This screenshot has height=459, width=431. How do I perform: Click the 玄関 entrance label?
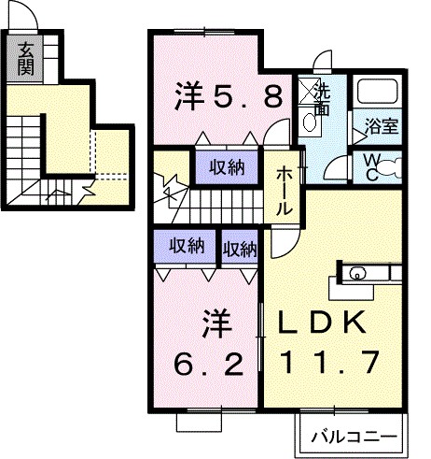pyautogui.click(x=25, y=59)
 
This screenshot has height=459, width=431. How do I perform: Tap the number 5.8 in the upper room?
pyautogui.click(x=249, y=95)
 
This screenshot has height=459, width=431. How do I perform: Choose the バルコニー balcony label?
pyautogui.click(x=351, y=436)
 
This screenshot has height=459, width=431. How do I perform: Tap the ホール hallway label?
pyautogui.click(x=285, y=193)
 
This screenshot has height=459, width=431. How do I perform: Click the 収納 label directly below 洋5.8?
pyautogui.click(x=226, y=168)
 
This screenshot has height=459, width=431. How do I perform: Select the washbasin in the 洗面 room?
pyautogui.click(x=310, y=120)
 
